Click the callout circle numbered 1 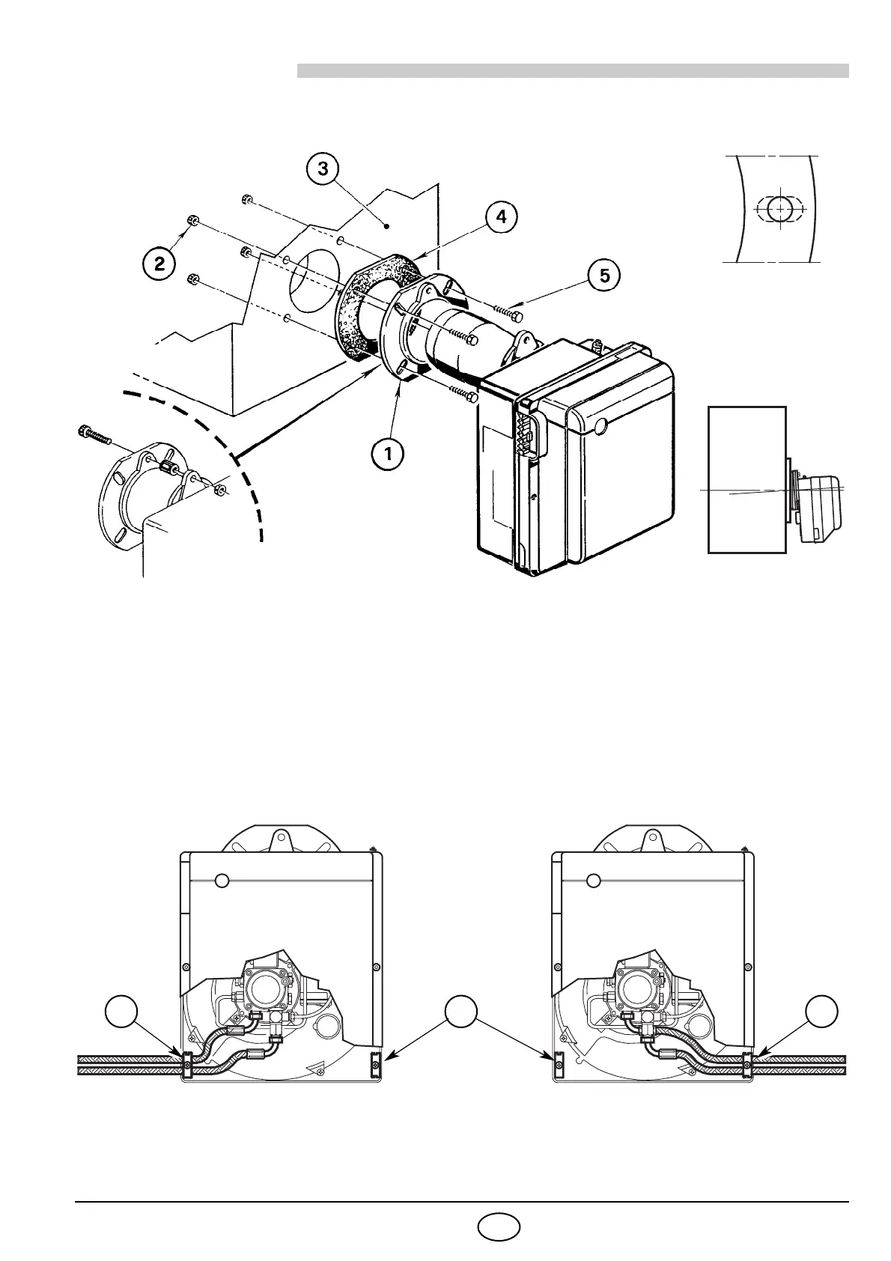[x=389, y=452]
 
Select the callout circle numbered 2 [x=160, y=263]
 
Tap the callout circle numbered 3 [x=323, y=168]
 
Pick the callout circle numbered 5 [x=604, y=276]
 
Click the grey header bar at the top [x=573, y=70]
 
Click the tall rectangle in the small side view [x=746, y=479]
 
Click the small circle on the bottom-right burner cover [x=594, y=880]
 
